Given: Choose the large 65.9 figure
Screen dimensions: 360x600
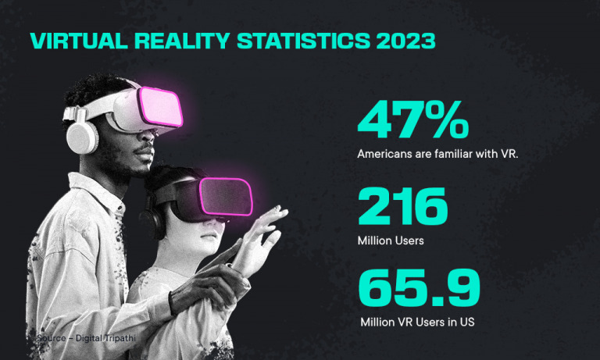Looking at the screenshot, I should tap(419, 288).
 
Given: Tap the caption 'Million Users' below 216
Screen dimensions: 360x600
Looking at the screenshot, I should tap(391, 241).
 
